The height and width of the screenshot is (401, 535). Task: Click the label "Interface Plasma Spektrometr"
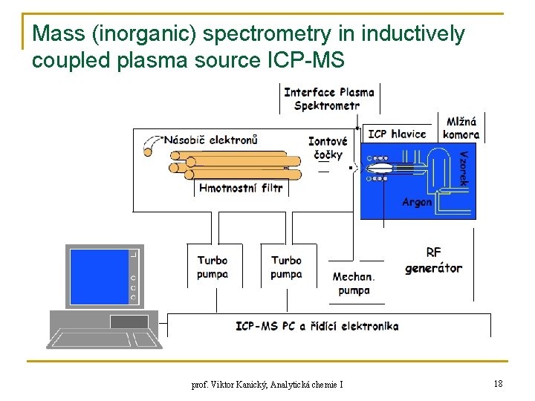click(x=328, y=99)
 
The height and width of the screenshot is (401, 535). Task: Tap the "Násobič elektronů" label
click(x=211, y=140)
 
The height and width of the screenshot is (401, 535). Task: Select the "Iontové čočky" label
click(x=328, y=148)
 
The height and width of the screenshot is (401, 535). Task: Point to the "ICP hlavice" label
click(x=397, y=134)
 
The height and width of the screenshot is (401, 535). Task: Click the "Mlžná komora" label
click(x=461, y=128)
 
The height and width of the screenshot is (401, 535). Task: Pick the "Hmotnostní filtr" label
click(x=241, y=188)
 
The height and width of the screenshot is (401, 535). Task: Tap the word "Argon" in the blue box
click(x=417, y=202)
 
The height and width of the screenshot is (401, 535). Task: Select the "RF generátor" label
click(x=433, y=261)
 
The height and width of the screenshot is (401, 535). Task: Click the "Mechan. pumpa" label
click(x=354, y=284)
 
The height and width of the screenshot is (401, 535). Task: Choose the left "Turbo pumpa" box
click(x=213, y=267)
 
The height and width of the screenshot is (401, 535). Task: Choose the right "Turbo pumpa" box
click(x=286, y=267)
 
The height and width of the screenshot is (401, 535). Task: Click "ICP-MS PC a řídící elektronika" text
click(x=317, y=326)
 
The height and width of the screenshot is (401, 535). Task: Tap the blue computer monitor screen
click(x=99, y=276)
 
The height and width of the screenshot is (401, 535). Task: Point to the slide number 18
click(x=498, y=383)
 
